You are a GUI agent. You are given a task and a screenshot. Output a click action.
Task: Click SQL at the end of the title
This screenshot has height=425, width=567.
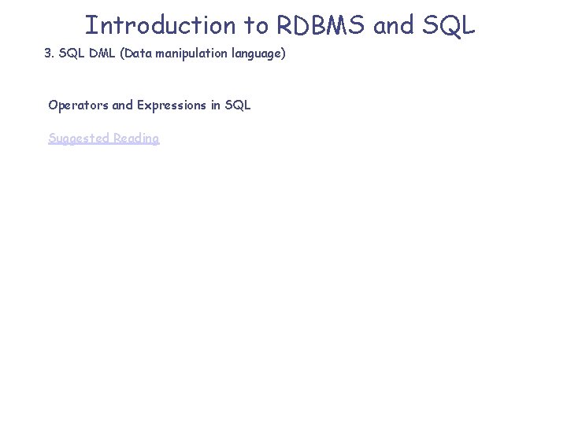tap(450, 26)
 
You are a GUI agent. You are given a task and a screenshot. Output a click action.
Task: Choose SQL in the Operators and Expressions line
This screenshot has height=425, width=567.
tap(239, 105)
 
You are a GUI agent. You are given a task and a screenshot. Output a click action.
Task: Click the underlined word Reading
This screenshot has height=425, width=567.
tap(136, 139)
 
